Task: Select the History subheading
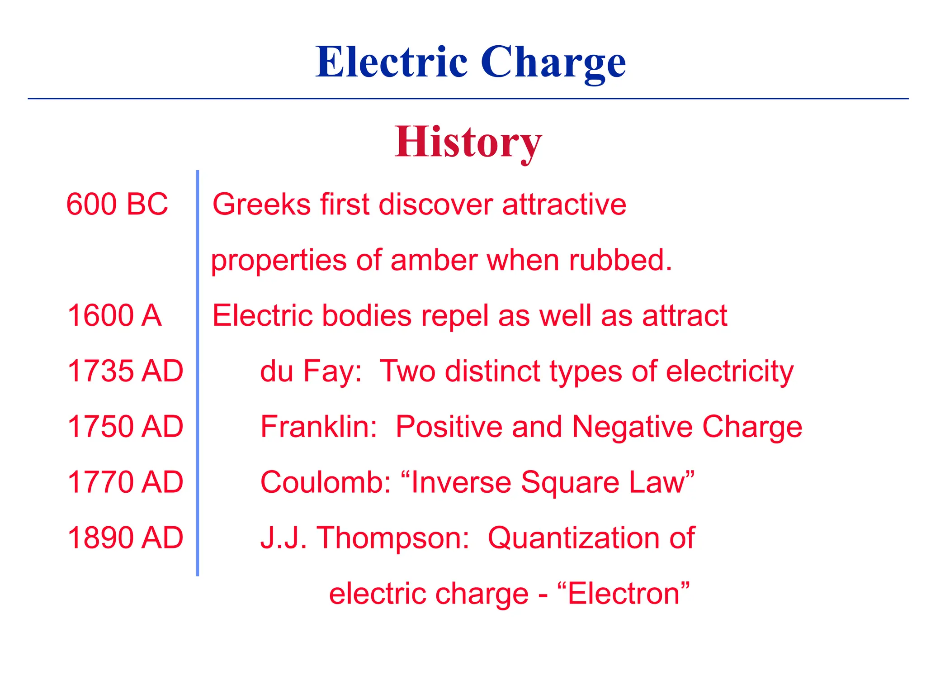tap(468, 143)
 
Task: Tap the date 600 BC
tap(117, 204)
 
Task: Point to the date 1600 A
tap(114, 315)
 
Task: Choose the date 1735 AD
tap(125, 371)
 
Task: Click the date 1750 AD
tap(125, 427)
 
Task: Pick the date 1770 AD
tap(125, 482)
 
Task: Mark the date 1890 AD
tap(125, 538)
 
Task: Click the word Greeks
tap(261, 204)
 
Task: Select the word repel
tap(455, 316)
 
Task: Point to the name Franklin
tap(318, 427)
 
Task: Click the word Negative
tap(632, 427)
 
